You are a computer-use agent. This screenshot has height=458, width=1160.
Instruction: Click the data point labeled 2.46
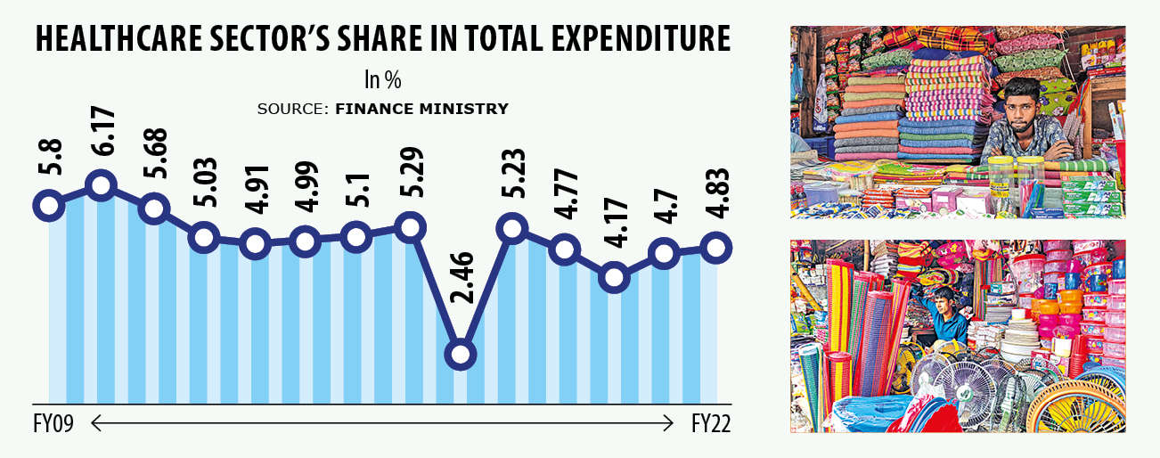point(460,354)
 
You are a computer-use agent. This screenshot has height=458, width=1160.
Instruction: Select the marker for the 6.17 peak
point(102,186)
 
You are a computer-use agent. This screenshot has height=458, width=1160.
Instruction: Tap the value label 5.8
point(50,159)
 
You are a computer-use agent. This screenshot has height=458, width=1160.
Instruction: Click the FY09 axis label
point(52,424)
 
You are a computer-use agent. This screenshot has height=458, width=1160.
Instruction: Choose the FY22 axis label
point(711,424)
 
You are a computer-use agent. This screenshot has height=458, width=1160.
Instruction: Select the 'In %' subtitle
point(382,80)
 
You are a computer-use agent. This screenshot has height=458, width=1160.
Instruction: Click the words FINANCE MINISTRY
point(421,109)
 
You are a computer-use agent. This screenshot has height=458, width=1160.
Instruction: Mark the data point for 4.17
point(613,277)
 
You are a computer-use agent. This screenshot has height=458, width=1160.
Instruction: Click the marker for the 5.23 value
point(511,228)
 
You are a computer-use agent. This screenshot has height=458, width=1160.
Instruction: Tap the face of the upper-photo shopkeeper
point(1021,104)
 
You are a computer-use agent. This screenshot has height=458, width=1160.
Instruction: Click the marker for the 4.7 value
point(664,253)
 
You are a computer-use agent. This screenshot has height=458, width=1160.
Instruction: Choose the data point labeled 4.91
point(256,243)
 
